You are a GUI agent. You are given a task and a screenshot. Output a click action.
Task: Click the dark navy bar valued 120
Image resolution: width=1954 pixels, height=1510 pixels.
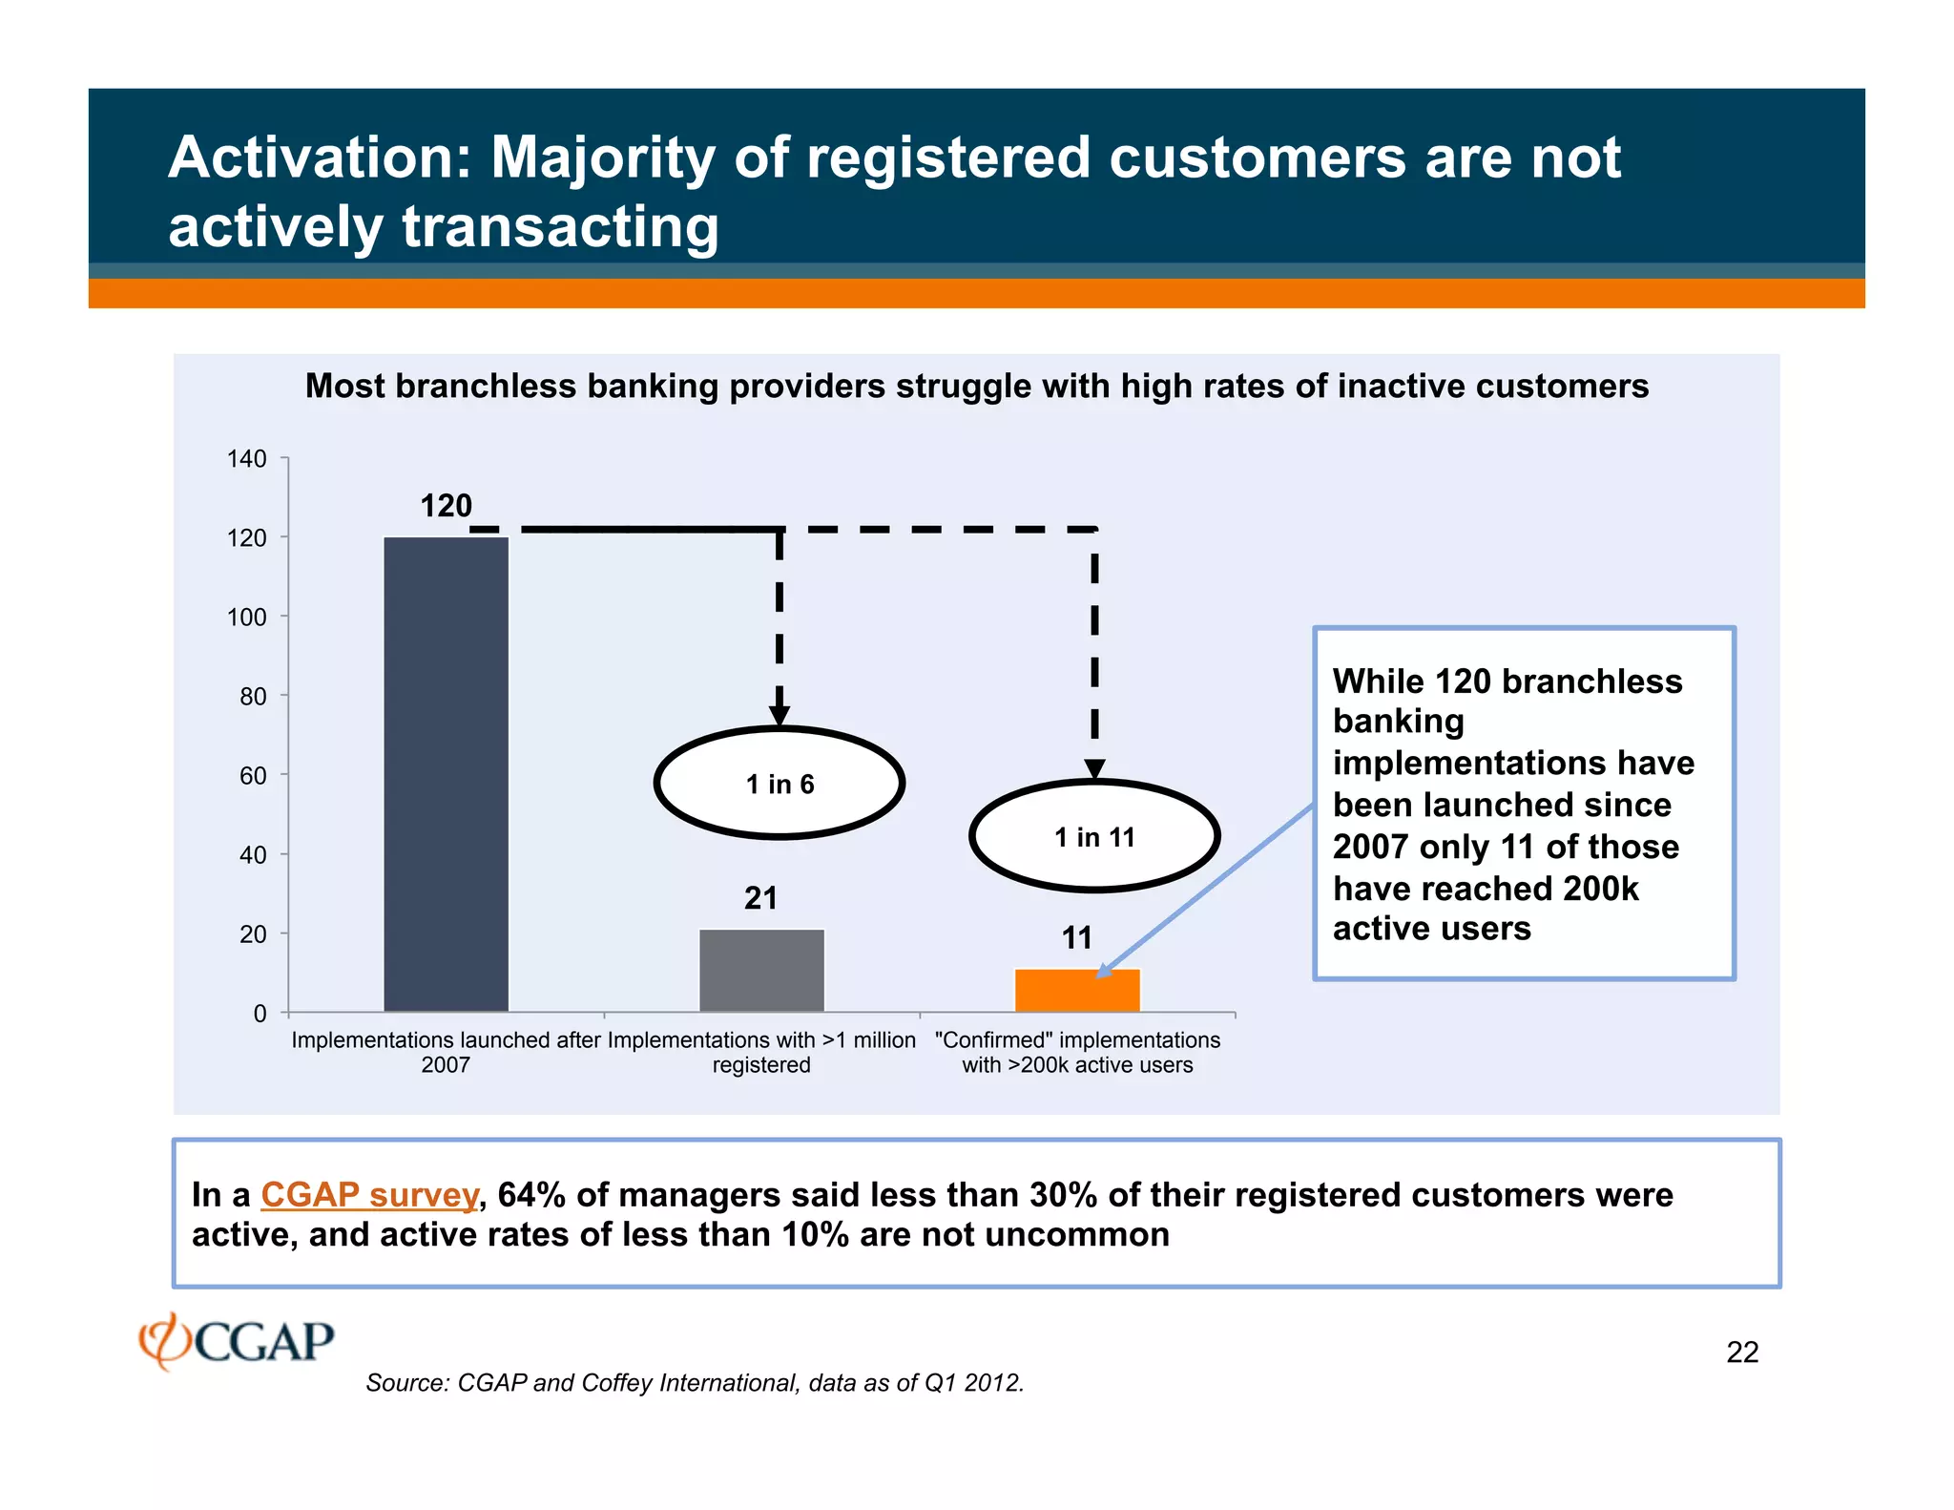pyautogui.click(x=446, y=773)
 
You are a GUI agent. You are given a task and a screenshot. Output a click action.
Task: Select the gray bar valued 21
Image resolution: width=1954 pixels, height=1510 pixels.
pyautogui.click(x=761, y=970)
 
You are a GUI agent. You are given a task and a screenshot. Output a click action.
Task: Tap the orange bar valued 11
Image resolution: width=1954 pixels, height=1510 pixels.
pyautogui.click(x=1077, y=991)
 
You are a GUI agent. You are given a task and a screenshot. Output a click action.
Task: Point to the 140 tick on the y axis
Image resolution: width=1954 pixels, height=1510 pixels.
pyautogui.click(x=247, y=459)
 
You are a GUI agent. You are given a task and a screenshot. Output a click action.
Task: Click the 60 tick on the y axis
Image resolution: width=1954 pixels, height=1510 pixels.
pyautogui.click(x=253, y=776)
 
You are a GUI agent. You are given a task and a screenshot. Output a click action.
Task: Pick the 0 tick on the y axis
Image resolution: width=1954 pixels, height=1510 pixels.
pyautogui.click(x=260, y=1014)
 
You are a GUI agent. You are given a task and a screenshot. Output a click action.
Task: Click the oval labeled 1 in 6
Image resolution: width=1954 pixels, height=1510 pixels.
pyautogui.click(x=780, y=784)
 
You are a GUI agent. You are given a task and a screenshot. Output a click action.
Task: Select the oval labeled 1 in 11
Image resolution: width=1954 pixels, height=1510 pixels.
pyautogui.click(x=1094, y=837)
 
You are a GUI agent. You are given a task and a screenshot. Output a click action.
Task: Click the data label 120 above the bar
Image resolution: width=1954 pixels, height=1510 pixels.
pyautogui.click(x=447, y=506)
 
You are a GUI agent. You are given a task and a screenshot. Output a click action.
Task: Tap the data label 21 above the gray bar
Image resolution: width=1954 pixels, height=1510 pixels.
pyautogui.click(x=760, y=898)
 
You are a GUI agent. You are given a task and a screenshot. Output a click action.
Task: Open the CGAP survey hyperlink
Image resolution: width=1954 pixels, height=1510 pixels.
pyautogui.click(x=369, y=1195)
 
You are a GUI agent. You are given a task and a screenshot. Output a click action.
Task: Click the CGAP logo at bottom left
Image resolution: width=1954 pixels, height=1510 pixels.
pyautogui.click(x=237, y=1341)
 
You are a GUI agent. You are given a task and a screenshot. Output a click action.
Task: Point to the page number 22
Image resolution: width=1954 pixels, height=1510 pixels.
pyautogui.click(x=1742, y=1353)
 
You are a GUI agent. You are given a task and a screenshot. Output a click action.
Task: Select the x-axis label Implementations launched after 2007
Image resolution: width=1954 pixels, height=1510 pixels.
pyautogui.click(x=446, y=1052)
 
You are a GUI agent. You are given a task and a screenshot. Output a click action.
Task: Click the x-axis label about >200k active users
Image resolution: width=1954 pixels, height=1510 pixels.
pyautogui.click(x=1077, y=1052)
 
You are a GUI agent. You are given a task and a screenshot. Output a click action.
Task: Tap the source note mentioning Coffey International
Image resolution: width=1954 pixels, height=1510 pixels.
pyautogui.click(x=695, y=1383)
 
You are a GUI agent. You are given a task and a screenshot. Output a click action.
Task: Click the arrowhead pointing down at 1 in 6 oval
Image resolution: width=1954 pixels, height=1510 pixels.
pyautogui.click(x=780, y=716)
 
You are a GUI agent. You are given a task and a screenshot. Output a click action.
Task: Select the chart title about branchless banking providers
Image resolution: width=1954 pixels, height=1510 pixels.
pyautogui.click(x=976, y=387)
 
